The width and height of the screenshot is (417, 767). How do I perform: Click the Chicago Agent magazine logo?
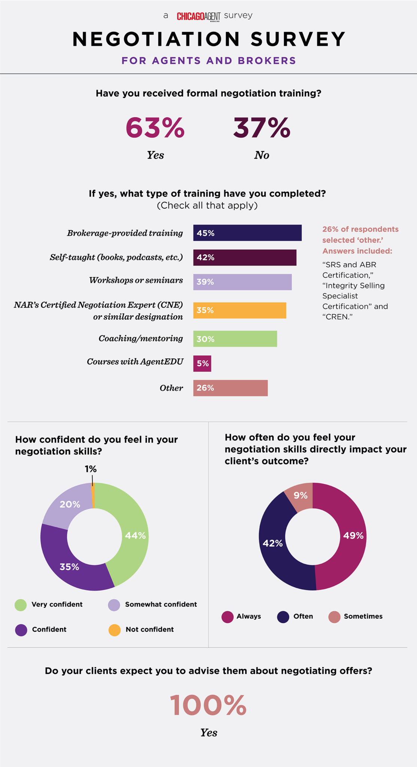coord(198,16)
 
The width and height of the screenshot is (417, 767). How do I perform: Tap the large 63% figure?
coord(155,128)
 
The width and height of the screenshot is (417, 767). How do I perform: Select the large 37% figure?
coord(262,128)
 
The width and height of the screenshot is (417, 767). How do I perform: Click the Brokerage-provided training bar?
coord(247,233)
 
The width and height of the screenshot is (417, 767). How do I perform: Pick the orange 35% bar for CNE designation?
coord(240,310)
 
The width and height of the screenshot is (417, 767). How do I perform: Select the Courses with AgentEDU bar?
coord(202,363)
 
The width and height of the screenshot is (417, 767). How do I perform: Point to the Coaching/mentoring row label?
coord(141,339)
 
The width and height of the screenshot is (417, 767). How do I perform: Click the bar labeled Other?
coord(230,388)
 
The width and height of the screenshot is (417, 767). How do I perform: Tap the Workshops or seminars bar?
coord(242,282)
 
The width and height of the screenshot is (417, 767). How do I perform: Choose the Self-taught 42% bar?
coord(244,258)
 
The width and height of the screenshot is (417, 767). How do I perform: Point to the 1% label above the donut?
coord(91,469)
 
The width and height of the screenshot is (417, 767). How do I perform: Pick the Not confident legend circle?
coord(115,630)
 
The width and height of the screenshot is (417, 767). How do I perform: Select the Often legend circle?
coord(283,617)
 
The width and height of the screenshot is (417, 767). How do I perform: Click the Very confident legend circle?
coord(21,605)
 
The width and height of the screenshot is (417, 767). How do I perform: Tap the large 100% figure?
coord(208,706)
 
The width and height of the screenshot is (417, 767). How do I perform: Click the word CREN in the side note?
coord(338,317)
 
